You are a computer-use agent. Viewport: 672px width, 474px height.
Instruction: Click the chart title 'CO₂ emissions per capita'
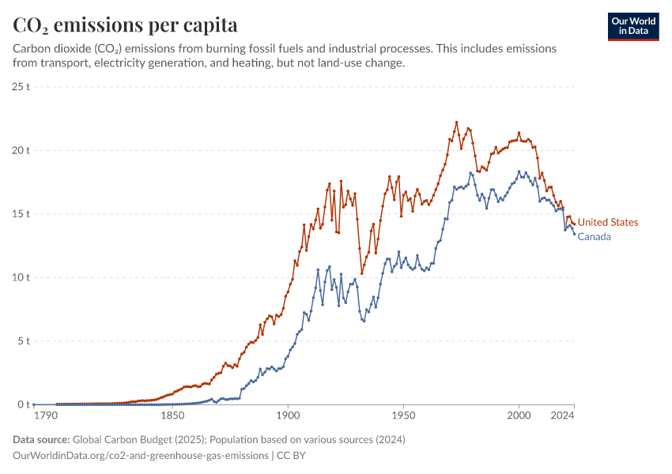coord(125,24)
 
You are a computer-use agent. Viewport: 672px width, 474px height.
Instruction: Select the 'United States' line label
coord(607,223)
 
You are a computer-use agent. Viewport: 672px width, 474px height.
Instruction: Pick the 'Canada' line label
coord(595,237)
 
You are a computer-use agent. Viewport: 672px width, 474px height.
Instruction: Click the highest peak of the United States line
coord(456,122)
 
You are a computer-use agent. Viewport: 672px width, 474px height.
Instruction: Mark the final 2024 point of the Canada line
coord(574,234)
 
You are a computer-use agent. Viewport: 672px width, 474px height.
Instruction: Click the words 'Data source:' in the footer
coord(41,439)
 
